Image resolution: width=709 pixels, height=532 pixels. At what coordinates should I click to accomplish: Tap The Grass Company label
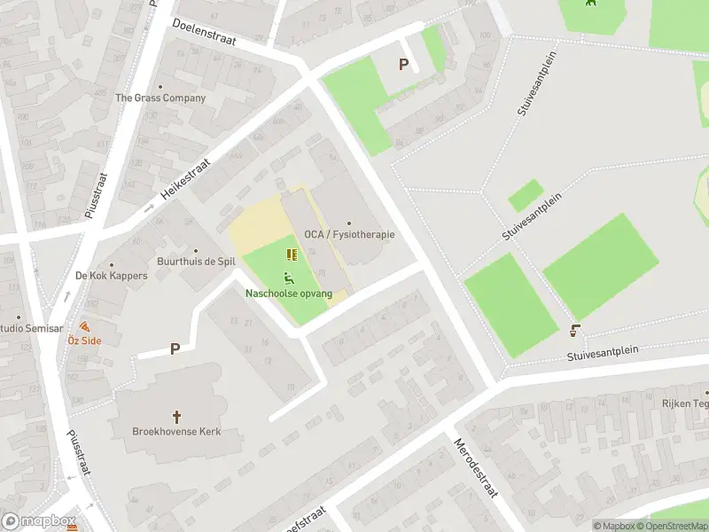160,98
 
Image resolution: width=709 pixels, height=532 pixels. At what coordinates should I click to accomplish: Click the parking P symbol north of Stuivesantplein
404,64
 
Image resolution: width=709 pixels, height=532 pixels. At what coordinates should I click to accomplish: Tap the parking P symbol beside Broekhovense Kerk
175,349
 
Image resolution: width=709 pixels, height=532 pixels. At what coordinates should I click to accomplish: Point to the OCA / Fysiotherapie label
349,234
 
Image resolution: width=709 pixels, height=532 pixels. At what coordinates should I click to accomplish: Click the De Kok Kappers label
112,276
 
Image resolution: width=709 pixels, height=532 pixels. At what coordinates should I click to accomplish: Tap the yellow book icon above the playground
292,254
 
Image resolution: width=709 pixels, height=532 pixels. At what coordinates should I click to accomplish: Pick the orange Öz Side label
85,340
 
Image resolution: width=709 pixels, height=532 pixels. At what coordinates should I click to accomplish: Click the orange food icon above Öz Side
85,326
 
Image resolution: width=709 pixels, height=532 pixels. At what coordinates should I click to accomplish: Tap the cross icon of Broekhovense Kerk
176,416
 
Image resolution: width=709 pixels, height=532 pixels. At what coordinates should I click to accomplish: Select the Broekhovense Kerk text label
176,432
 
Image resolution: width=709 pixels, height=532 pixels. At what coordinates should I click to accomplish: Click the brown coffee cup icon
575,331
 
